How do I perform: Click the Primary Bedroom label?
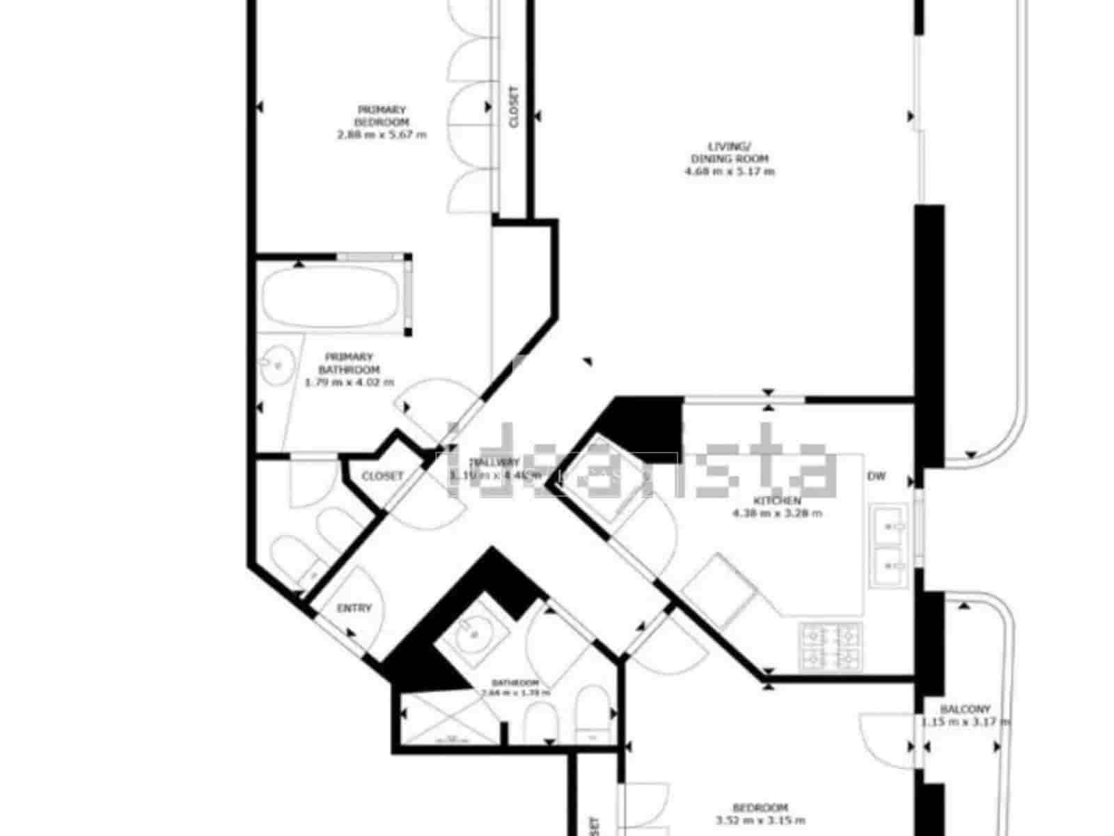coord(382,116)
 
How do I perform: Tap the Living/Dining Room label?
coord(729,152)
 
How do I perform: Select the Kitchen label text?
coord(777,500)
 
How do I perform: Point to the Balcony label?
coord(964,709)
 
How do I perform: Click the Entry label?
coord(354,607)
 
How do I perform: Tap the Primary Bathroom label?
coord(349,363)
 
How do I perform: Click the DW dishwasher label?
coord(877,477)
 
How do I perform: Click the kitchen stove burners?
coord(829,646)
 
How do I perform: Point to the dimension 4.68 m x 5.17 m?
coord(729,171)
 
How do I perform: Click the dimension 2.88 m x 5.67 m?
coord(382,134)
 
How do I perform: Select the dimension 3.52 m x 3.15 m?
coord(761,821)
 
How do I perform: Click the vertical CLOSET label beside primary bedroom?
coord(514,107)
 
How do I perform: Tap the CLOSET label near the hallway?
coord(382,476)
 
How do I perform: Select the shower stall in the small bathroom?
coord(449,718)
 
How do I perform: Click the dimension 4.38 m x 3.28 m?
coord(777,513)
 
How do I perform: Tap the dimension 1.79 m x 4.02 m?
coord(349,382)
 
